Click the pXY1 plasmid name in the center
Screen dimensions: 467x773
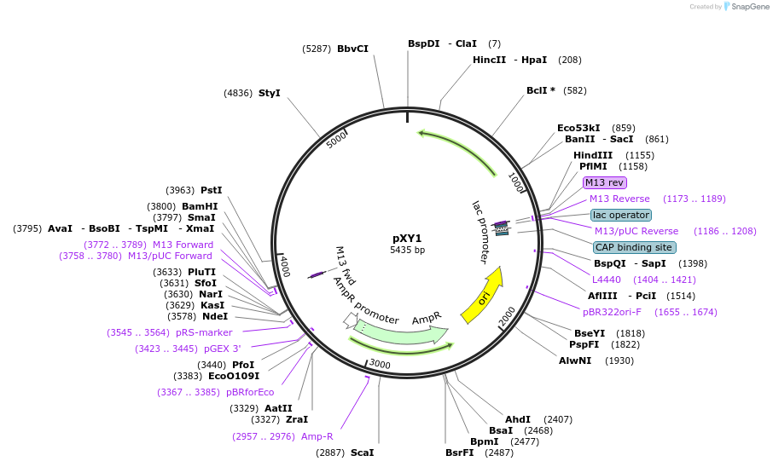point(407,238)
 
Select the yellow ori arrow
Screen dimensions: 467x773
point(484,296)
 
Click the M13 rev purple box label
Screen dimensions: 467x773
point(604,182)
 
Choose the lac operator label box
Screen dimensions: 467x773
point(620,215)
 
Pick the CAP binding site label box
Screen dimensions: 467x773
point(635,247)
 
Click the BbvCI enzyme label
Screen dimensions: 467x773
point(352,49)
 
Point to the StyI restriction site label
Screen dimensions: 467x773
point(269,93)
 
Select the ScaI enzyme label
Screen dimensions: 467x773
point(362,453)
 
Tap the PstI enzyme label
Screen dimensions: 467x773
point(211,190)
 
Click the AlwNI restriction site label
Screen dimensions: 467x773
point(575,360)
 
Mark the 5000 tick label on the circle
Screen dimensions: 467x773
point(338,138)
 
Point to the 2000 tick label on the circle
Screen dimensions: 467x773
point(507,317)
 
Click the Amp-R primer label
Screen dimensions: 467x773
point(317,436)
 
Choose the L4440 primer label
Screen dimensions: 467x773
point(607,280)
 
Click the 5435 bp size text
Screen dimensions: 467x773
point(407,251)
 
